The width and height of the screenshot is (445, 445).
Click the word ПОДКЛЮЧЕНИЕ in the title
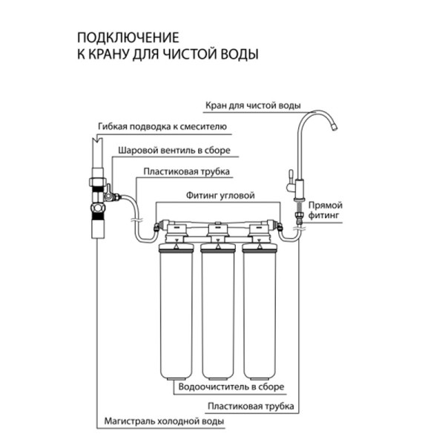pos(128,38)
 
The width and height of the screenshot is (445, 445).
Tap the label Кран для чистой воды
pos(253,105)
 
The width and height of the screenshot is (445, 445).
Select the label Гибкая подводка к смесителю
pos(162,126)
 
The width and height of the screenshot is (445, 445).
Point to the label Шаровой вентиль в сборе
pos(174,150)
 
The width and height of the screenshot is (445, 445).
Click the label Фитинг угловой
pos(220,195)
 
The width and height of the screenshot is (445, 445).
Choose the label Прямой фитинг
pos(326,210)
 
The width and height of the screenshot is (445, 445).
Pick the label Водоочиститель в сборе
pos(231,386)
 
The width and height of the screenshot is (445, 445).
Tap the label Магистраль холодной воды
pos(164,421)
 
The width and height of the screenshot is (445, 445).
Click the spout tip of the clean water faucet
pos(334,128)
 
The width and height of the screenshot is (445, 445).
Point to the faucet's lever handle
pos(291,178)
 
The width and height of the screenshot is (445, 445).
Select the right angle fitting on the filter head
pos(280,226)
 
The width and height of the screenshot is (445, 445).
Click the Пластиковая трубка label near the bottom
pos(251,406)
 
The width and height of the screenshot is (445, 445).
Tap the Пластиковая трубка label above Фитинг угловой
pos(186,171)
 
